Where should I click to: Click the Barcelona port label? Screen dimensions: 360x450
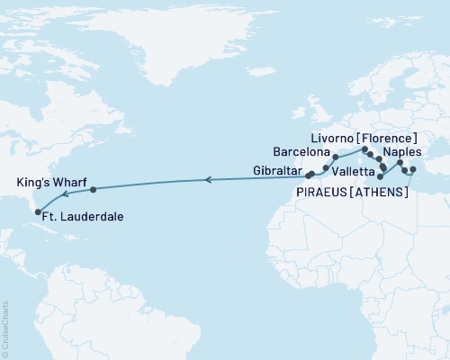(302, 152)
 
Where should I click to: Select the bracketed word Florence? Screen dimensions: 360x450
(385, 137)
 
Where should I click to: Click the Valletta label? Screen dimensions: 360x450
(354, 170)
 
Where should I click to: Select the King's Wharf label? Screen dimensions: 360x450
(47, 181)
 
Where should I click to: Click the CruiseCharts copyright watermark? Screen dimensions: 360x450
(5, 328)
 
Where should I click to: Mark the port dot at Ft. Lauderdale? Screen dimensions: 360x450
(38, 212)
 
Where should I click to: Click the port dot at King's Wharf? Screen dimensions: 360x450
(93, 189)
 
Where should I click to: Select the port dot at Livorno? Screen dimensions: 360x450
(364, 149)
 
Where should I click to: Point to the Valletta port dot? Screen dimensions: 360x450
(380, 177)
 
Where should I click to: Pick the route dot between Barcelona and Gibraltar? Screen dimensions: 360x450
(325, 167)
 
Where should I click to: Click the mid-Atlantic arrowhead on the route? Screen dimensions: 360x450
(208, 181)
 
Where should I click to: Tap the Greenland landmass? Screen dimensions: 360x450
(180, 45)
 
